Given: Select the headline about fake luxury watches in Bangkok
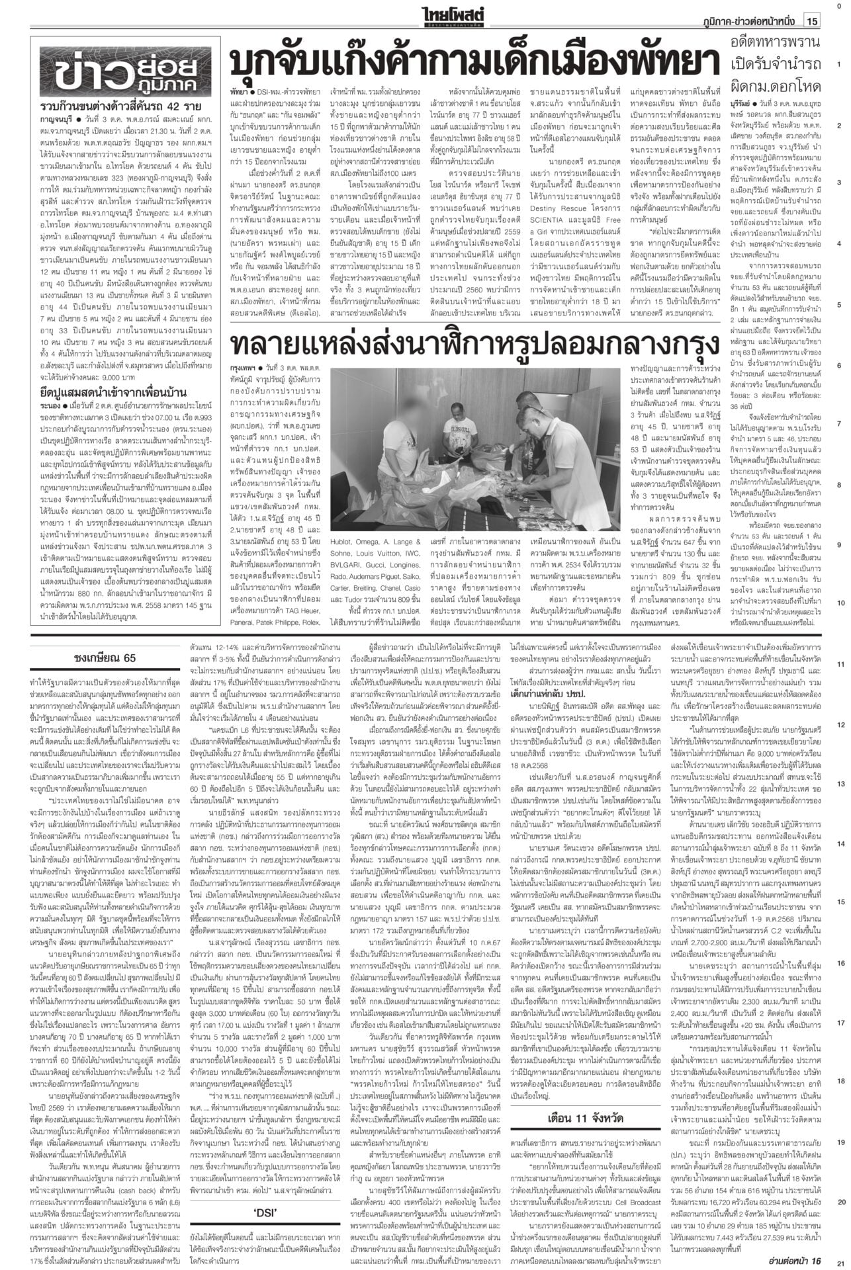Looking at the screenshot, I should coord(474,345).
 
